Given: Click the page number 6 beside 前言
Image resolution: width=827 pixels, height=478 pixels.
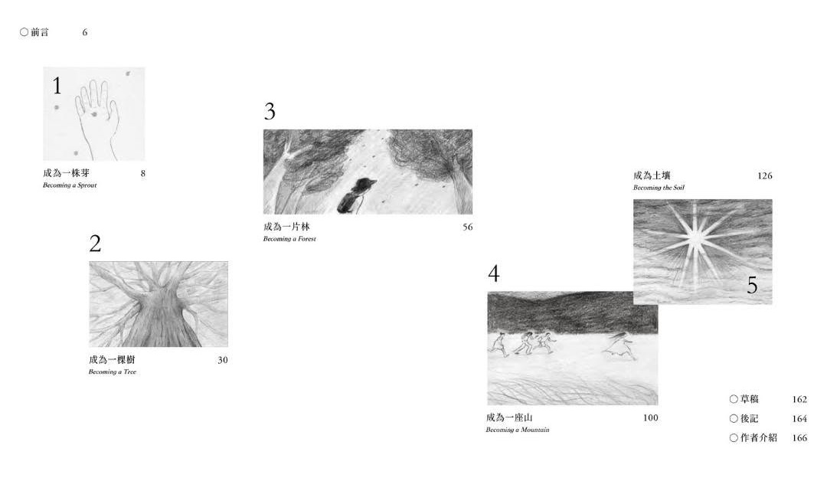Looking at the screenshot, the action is tap(84, 33).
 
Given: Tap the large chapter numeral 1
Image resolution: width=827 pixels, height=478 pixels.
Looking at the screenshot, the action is tap(57, 86).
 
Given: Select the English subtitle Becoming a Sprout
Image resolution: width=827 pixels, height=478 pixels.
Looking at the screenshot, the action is tap(70, 185).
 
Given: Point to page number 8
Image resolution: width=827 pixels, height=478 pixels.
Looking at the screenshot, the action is tap(143, 174).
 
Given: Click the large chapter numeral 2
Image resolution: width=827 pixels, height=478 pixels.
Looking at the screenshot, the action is tap(95, 244).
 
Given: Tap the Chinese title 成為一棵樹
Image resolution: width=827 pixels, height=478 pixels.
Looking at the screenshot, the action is tap(112, 360).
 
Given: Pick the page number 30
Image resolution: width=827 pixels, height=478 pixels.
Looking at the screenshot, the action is tap(223, 360).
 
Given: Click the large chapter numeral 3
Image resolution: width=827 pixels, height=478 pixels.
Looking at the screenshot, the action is tap(270, 111).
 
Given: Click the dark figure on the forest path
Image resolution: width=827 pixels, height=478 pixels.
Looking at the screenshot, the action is tap(355, 196).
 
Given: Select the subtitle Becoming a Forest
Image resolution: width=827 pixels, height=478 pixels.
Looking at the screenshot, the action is tap(289, 239).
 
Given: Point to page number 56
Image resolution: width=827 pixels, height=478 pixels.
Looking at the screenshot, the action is tap(467, 228).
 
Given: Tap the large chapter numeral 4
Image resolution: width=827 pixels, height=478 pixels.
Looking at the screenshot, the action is tap(494, 273).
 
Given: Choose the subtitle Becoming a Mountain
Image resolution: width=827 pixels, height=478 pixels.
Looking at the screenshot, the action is tap(518, 430).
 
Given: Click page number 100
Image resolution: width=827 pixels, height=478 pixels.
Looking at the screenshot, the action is tap(650, 417).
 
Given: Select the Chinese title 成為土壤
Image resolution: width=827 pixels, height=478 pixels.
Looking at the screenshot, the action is tap(652, 175).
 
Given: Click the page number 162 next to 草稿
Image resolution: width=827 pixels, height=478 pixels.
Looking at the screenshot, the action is tap(799, 399).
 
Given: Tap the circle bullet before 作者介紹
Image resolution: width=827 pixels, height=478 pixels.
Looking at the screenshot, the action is tap(734, 438).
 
